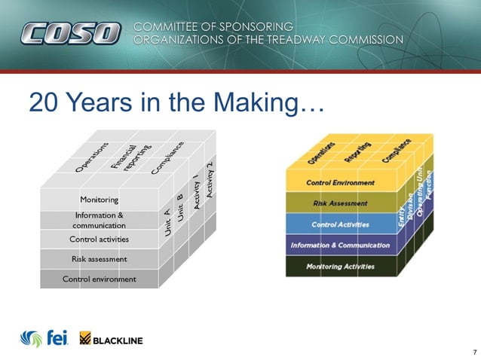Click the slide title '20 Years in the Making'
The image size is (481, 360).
point(176,104)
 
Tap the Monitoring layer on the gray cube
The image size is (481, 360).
point(99,200)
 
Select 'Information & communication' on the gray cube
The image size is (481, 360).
point(99,220)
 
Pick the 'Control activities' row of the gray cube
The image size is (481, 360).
point(99,239)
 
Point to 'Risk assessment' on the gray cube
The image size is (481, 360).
point(99,259)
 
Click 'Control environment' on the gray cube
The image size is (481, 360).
point(99,279)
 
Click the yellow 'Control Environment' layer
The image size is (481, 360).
point(340,183)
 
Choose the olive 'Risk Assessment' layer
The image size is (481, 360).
point(340,203)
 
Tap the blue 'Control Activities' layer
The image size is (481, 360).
point(340,224)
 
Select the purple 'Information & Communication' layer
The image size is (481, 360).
point(340,245)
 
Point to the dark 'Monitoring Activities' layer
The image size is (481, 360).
point(340,267)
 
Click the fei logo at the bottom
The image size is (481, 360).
point(45,339)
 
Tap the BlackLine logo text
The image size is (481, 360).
point(117,340)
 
